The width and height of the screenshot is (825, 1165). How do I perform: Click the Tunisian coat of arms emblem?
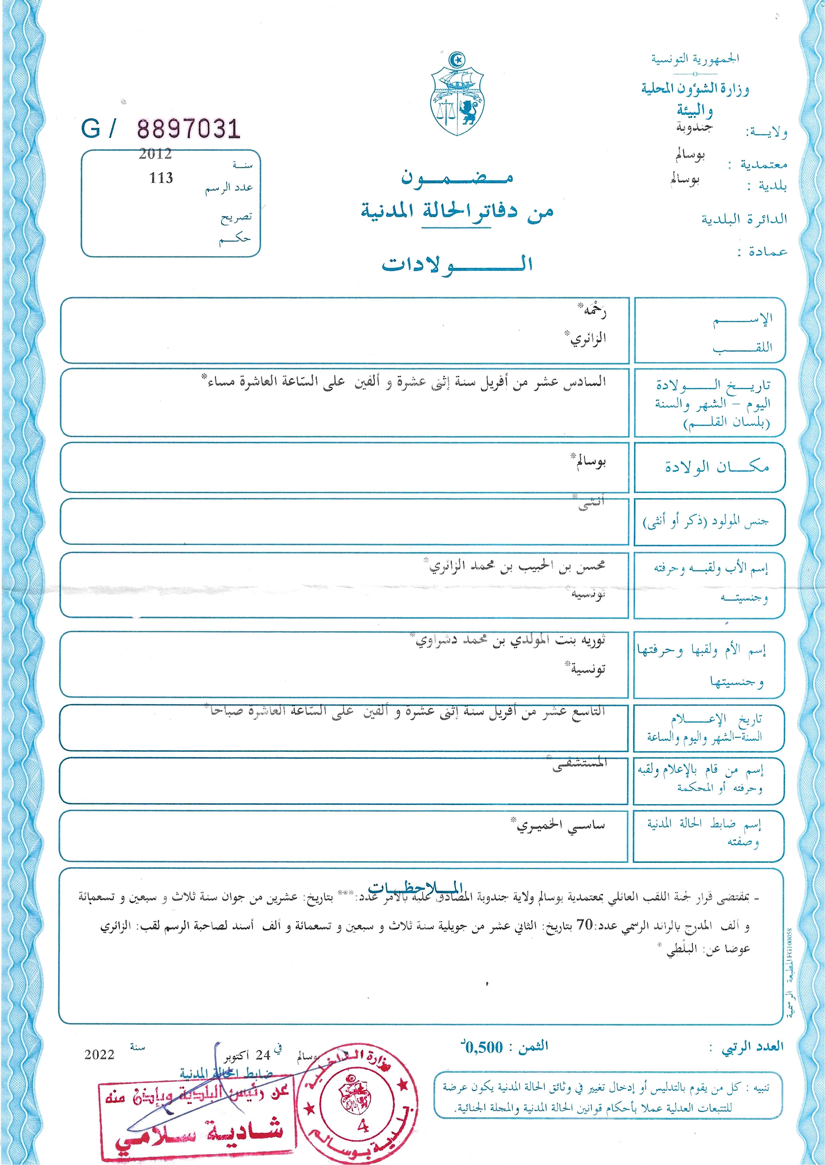(x=457, y=95)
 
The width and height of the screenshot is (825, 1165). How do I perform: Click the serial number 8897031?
(x=188, y=129)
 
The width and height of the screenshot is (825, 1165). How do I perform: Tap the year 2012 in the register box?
(x=155, y=154)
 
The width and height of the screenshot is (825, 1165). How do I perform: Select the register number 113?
(x=161, y=178)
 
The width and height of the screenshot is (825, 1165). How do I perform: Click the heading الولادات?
(x=457, y=265)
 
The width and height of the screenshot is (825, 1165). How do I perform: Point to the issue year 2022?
(x=99, y=1054)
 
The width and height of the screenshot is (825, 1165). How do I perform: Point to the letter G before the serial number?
(x=90, y=129)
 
